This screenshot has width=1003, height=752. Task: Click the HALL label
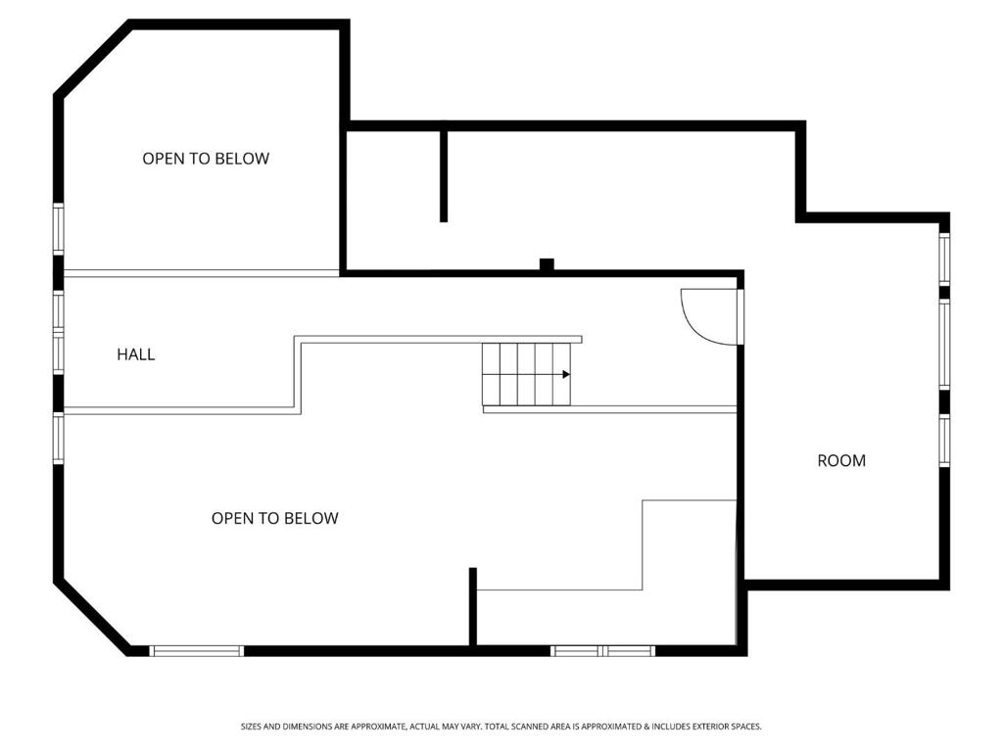[x=135, y=354]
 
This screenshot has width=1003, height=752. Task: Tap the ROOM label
[x=841, y=460]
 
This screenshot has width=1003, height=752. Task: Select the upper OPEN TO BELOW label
[x=206, y=159]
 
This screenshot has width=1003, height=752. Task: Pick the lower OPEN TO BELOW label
[x=274, y=518]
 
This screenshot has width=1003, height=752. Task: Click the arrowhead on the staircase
[x=566, y=374]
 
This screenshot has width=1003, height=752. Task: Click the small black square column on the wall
[x=547, y=264]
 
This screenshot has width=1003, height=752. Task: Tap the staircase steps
[x=526, y=373]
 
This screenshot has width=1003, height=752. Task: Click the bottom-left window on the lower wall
[x=197, y=651]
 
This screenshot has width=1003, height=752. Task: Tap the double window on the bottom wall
[x=602, y=651]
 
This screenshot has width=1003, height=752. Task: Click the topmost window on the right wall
[x=944, y=258]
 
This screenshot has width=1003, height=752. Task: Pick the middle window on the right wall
[x=944, y=344]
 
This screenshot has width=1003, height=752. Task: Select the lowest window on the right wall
[x=944, y=441]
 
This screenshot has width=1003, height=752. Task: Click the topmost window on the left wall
[x=58, y=228]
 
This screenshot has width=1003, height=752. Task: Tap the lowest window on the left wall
[x=58, y=438]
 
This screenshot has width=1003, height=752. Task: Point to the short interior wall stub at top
[x=444, y=176]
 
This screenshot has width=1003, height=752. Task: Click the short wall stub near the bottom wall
[x=473, y=607]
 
